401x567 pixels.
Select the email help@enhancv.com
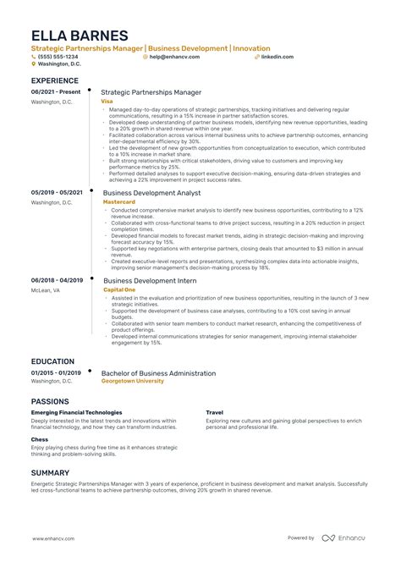[x=176, y=57]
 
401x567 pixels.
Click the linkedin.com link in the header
[x=277, y=57]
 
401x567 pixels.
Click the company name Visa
[x=107, y=101]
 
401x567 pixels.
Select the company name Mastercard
[x=118, y=203]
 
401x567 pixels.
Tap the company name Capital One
[x=119, y=289]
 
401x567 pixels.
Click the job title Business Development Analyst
[x=157, y=193]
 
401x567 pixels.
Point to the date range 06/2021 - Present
[x=55, y=91]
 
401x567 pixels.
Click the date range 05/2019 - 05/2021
[x=57, y=193]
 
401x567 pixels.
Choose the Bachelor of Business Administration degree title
[x=158, y=373]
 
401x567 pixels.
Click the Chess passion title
[x=41, y=440]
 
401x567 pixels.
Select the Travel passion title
[x=214, y=413]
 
